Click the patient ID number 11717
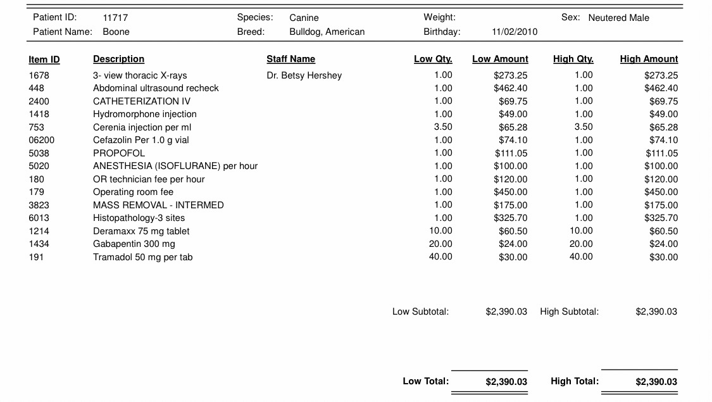(x=115, y=18)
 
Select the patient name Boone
(x=116, y=32)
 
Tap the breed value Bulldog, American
(x=327, y=32)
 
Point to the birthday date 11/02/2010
(x=514, y=32)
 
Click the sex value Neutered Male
(x=618, y=18)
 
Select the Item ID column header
(x=44, y=60)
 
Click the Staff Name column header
(x=290, y=59)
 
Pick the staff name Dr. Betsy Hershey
(x=304, y=75)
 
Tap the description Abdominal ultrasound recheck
(x=156, y=88)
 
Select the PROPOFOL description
(x=119, y=153)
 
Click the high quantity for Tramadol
(x=581, y=256)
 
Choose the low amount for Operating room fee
(x=510, y=192)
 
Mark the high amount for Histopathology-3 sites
(x=661, y=218)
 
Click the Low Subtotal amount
(x=506, y=311)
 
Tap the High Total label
(x=575, y=381)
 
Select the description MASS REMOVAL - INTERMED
(x=158, y=205)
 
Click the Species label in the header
(x=255, y=18)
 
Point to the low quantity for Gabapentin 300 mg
(x=440, y=244)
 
